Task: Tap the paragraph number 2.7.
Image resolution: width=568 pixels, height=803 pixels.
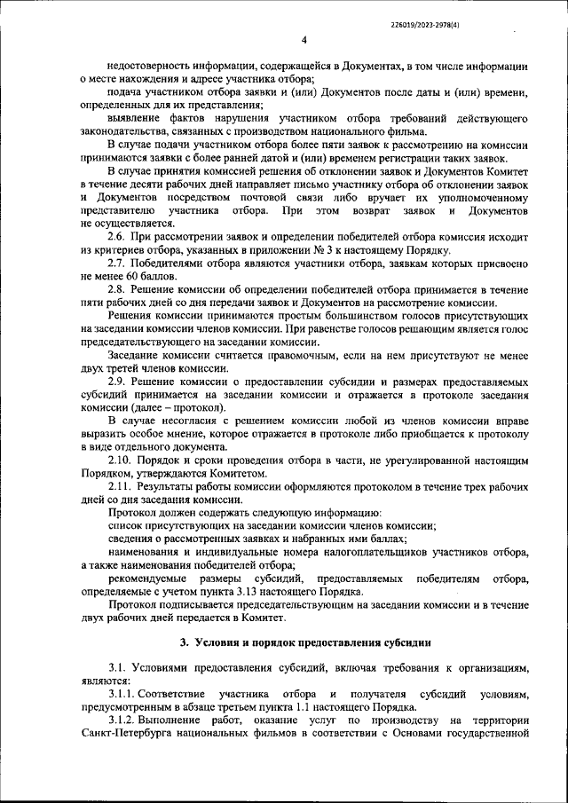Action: [x=117, y=264]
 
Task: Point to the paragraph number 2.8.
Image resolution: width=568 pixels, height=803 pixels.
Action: [x=117, y=290]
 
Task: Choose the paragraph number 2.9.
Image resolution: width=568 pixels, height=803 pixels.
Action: [x=117, y=381]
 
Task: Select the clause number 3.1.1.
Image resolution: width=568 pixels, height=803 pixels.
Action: [x=122, y=693]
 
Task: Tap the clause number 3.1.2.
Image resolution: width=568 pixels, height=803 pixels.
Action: [x=122, y=720]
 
